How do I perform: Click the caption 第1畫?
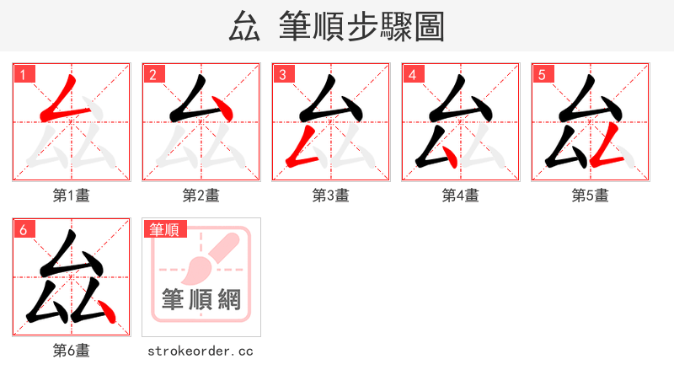pyautogui.click(x=71, y=196)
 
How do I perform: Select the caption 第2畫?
pyautogui.click(x=201, y=196)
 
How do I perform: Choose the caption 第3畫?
pyautogui.click(x=330, y=196)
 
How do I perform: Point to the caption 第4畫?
pyautogui.click(x=460, y=196)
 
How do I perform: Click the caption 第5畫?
pyautogui.click(x=590, y=196)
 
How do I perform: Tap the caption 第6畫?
pyautogui.click(x=71, y=351)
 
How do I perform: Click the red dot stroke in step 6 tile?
pyautogui.click(x=106, y=311)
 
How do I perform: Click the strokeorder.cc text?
pyautogui.click(x=201, y=351)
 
